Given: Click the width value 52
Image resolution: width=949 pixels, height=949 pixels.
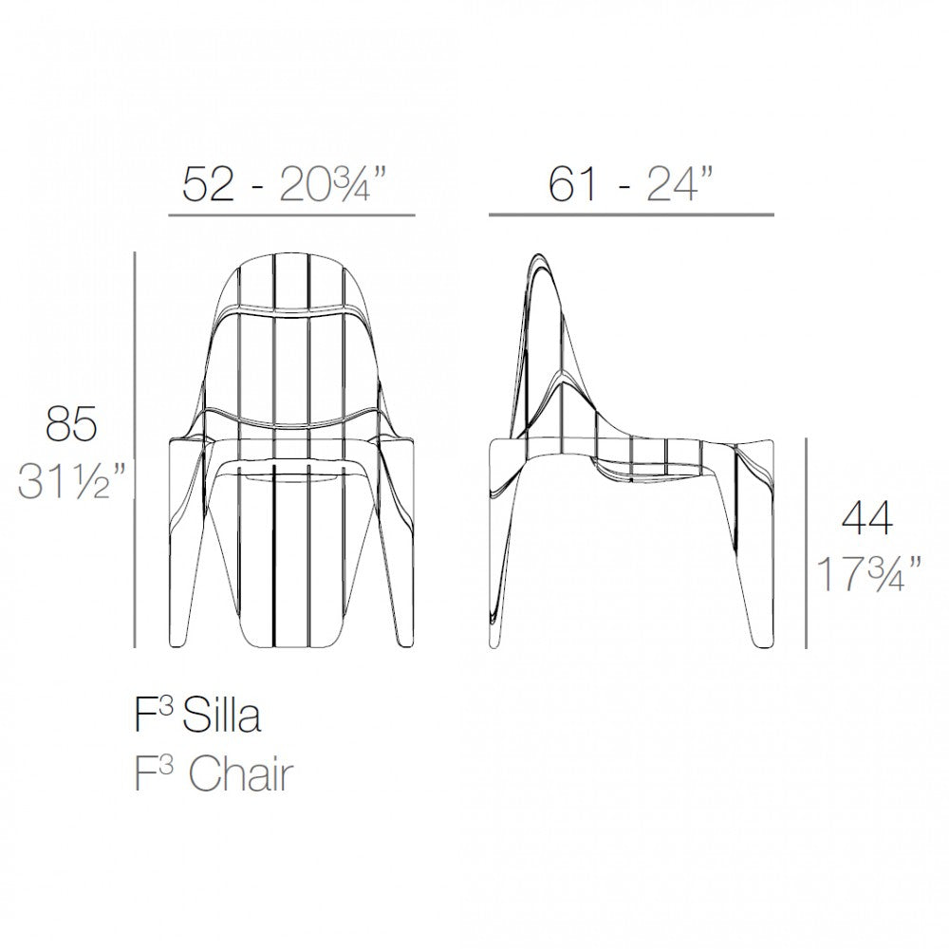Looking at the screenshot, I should point(208,184).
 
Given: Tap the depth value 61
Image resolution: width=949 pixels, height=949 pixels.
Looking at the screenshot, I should point(572,184).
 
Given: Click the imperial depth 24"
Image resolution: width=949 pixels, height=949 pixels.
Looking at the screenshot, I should point(679,184).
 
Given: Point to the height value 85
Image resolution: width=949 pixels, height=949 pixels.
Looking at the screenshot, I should point(71,424).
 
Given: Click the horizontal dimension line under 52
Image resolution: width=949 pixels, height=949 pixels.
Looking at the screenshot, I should point(291,216).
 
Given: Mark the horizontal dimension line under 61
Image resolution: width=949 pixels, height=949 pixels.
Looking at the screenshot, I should point(631,215).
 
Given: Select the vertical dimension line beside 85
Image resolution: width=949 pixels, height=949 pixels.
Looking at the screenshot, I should point(136,450).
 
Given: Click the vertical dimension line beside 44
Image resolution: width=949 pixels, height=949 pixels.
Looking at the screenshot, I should point(807,543).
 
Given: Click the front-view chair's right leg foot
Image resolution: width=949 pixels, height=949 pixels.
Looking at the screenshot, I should point(403,639).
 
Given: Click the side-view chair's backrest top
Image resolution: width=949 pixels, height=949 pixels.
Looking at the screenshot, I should point(538,257).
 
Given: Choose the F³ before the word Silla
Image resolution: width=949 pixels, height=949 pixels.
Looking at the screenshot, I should point(153,716).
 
